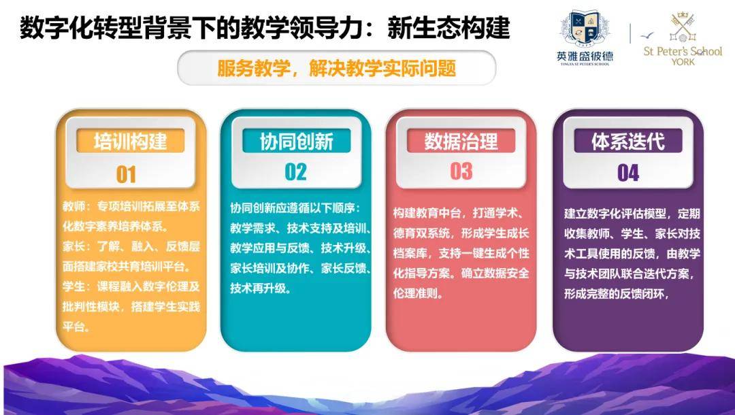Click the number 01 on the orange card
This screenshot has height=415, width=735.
click(126, 174)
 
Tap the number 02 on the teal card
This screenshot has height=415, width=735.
click(296, 172)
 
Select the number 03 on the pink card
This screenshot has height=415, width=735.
click(461, 171)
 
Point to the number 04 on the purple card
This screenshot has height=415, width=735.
click(628, 173)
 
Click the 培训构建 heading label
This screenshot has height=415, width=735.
click(130, 141)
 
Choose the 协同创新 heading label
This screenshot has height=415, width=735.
click(296, 141)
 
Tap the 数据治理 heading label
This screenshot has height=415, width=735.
click(461, 141)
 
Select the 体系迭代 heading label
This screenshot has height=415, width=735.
click(628, 141)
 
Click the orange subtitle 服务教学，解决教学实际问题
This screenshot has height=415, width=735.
click(337, 69)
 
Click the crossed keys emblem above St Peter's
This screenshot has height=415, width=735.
click(682, 27)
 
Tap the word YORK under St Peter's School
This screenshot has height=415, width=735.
click(683, 62)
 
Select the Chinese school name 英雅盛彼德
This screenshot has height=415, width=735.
click(585, 56)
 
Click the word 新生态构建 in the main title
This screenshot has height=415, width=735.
click(448, 28)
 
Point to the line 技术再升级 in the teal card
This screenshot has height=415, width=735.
click(261, 288)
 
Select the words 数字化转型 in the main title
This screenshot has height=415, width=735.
click(80, 28)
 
